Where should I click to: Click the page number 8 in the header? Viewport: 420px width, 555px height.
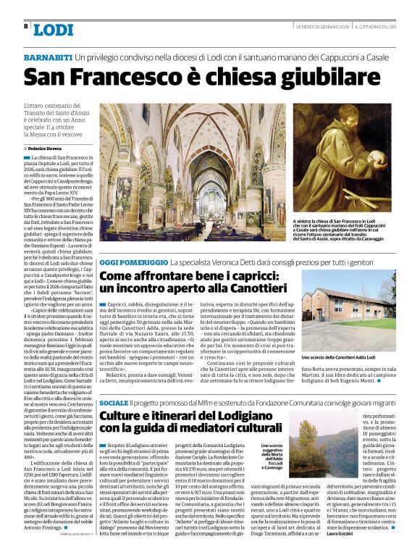pos(25,26)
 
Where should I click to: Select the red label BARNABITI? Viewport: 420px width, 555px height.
pos(48,57)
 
